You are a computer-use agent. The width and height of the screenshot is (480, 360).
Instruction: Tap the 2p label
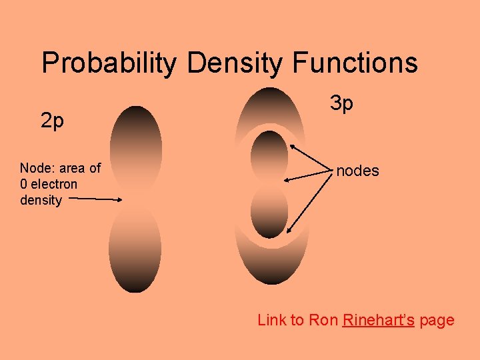[52, 121]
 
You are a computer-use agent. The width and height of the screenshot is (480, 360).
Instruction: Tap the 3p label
[342, 103]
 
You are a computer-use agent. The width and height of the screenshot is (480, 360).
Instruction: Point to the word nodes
[357, 171]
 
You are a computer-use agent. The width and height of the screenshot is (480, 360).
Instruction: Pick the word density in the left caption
[41, 200]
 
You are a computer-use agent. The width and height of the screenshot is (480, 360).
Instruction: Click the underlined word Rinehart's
[379, 320]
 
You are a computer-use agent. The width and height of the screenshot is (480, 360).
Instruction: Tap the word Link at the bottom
[271, 320]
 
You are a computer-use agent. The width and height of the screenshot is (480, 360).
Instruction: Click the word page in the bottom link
[437, 320]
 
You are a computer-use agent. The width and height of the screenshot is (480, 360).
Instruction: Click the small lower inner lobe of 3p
[269, 211]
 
